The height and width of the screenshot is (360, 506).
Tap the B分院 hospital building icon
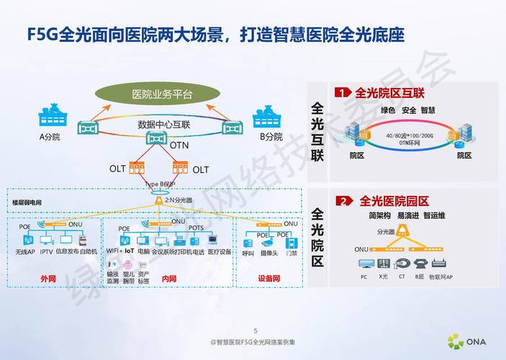(268, 119)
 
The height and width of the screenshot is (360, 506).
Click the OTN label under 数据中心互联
(179, 145)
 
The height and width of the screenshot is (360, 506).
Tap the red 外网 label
(49, 278)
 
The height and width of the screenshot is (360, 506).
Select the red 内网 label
(169, 278)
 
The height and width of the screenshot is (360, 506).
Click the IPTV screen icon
(47, 239)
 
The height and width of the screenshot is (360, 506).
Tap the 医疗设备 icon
(220, 239)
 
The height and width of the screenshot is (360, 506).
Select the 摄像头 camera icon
(269, 242)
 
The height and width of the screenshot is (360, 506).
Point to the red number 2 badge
(345, 201)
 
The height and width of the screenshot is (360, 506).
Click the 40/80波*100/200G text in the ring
(410, 135)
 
